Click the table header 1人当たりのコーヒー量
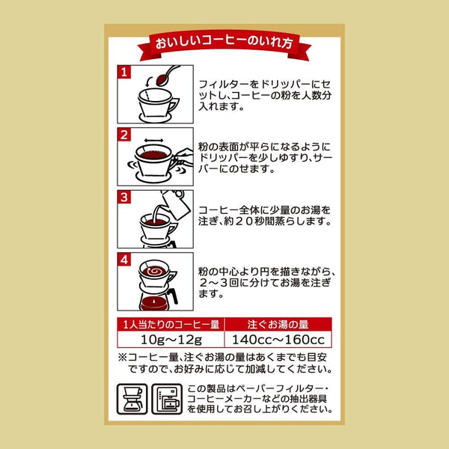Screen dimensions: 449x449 click(171, 324)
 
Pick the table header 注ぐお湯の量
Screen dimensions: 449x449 click(277, 324)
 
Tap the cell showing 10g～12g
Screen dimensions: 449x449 click(171, 340)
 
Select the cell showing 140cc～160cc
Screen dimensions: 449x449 click(277, 340)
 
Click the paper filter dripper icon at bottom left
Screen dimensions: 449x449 click(133, 402)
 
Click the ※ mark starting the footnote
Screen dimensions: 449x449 click(123, 357)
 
